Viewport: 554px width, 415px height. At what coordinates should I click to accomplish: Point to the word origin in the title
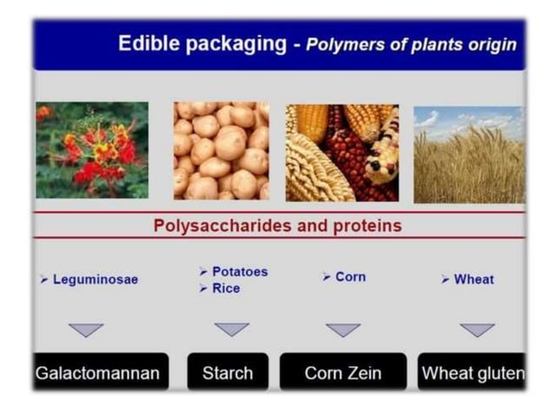[489, 44]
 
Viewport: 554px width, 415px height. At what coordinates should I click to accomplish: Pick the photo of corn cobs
[342, 153]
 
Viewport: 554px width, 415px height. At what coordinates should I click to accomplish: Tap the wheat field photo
[469, 154]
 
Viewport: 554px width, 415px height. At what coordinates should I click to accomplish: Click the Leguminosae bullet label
[95, 280]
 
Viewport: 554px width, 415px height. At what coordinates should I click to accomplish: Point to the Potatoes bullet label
[240, 272]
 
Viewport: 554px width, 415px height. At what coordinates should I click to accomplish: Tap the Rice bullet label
[226, 288]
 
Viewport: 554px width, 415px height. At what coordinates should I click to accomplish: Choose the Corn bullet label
[350, 277]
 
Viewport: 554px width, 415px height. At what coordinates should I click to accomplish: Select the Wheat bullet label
[473, 280]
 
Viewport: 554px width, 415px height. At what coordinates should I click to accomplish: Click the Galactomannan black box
[97, 373]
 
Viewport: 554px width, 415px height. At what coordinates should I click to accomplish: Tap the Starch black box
[228, 373]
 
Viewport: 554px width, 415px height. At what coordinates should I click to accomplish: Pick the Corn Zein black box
[343, 373]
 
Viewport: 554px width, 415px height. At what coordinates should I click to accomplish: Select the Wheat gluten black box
[472, 373]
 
